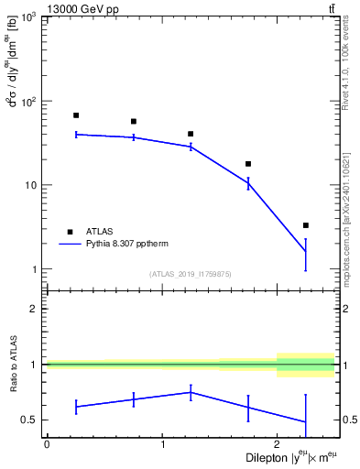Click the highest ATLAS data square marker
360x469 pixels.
[x=76, y=115]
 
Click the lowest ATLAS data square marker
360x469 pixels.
[x=306, y=225]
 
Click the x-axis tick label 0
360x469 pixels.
[x=47, y=443]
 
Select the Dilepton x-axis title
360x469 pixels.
[x=285, y=457]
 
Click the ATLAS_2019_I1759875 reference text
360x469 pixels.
[x=191, y=273]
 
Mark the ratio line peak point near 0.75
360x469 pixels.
[x=191, y=392]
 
